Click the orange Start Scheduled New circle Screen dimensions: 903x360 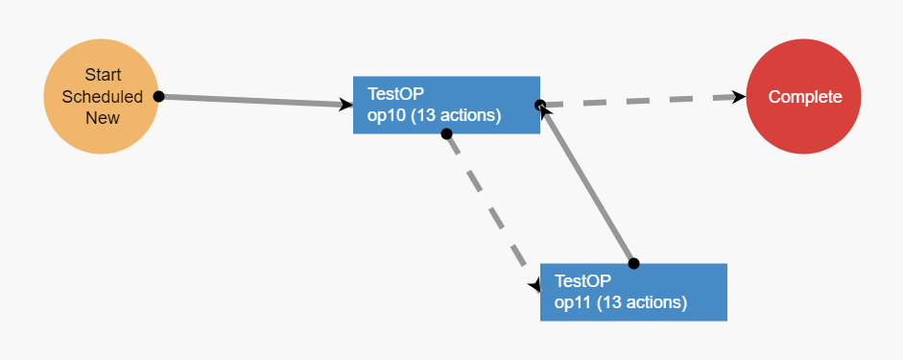tap(101, 96)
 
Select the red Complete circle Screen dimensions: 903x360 tap(803, 96)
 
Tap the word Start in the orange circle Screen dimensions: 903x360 tap(103, 75)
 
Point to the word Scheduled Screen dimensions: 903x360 tap(103, 97)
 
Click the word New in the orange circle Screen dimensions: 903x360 tap(103, 118)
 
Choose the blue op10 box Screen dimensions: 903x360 tap(446, 105)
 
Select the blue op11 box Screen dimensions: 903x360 tap(633, 292)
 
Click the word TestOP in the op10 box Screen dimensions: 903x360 tap(395, 94)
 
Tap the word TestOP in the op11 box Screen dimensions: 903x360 tap(582, 281)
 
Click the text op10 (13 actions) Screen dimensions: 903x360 tap(434, 115)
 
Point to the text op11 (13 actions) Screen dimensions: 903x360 tap(621, 302)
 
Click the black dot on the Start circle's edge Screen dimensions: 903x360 tap(159, 96)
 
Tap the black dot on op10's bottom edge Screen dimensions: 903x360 tap(446, 133)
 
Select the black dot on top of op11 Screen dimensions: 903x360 tap(633, 263)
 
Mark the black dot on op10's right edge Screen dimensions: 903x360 tap(539, 105)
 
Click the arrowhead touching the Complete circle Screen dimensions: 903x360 tap(738, 97)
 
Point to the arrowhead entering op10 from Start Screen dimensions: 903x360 tap(346, 105)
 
